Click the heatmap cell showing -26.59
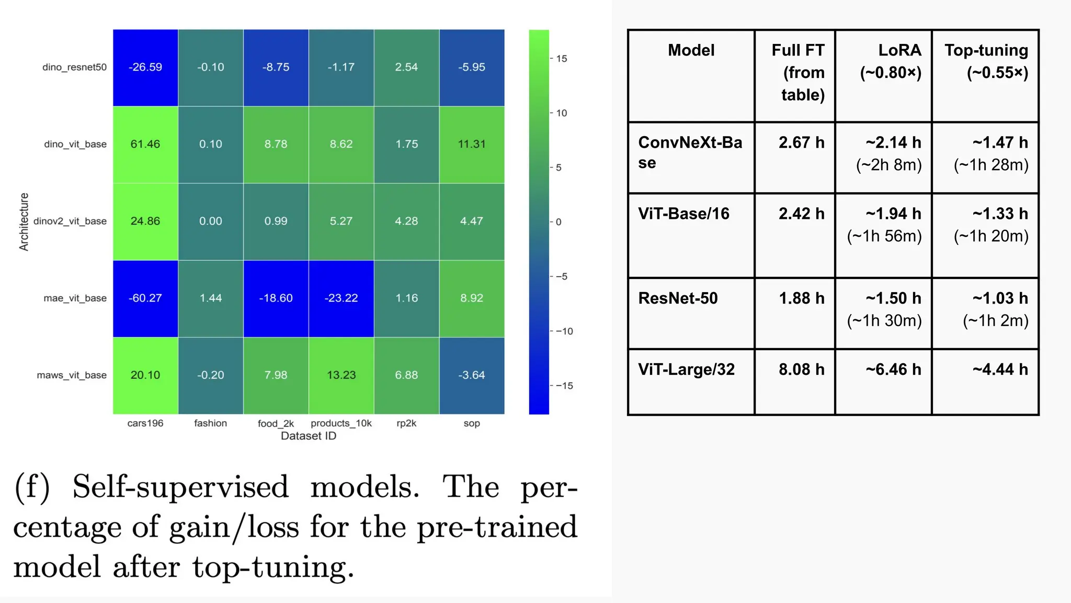click(145, 68)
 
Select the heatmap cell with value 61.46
click(145, 144)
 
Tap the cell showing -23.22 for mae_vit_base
click(341, 298)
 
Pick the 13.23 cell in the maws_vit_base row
click(341, 375)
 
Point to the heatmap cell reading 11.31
click(472, 144)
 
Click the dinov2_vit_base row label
click(70, 221)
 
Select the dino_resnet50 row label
click(74, 68)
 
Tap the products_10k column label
click(341, 423)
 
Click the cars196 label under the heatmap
click(145, 423)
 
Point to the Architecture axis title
click(24, 222)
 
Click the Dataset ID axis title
click(309, 436)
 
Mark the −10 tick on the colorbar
click(564, 331)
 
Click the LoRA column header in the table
click(891, 61)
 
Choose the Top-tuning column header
click(986, 61)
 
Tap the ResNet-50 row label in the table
click(678, 298)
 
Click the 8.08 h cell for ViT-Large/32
click(801, 370)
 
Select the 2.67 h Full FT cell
click(801, 142)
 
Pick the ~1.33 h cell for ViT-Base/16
click(1000, 214)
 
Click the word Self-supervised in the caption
click(180, 487)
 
